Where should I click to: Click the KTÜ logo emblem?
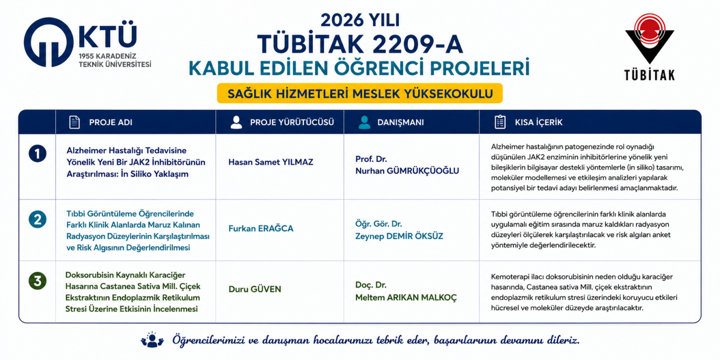coord(48,42)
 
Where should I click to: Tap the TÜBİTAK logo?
coord(649,46)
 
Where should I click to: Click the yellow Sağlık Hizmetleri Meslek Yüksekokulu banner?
coord(359,93)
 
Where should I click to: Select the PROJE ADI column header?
coord(110,122)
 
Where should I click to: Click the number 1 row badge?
coord(37,153)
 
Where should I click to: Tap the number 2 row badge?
coord(37,219)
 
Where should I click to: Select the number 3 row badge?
coord(37,281)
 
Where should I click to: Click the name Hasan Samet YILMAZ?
coord(270,162)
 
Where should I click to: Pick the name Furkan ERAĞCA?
coord(260,228)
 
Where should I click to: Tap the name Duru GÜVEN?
coord(255,289)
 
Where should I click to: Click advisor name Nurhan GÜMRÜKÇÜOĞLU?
coord(407,170)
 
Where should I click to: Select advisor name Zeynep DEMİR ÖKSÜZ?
coord(399,236)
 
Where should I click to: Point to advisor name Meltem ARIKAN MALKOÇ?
coord(406,297)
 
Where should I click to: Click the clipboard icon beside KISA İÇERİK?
coord(500,122)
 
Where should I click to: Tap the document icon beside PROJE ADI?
coord(74,122)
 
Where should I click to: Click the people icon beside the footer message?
coord(152,340)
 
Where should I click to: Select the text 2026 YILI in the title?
coord(360,20)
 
